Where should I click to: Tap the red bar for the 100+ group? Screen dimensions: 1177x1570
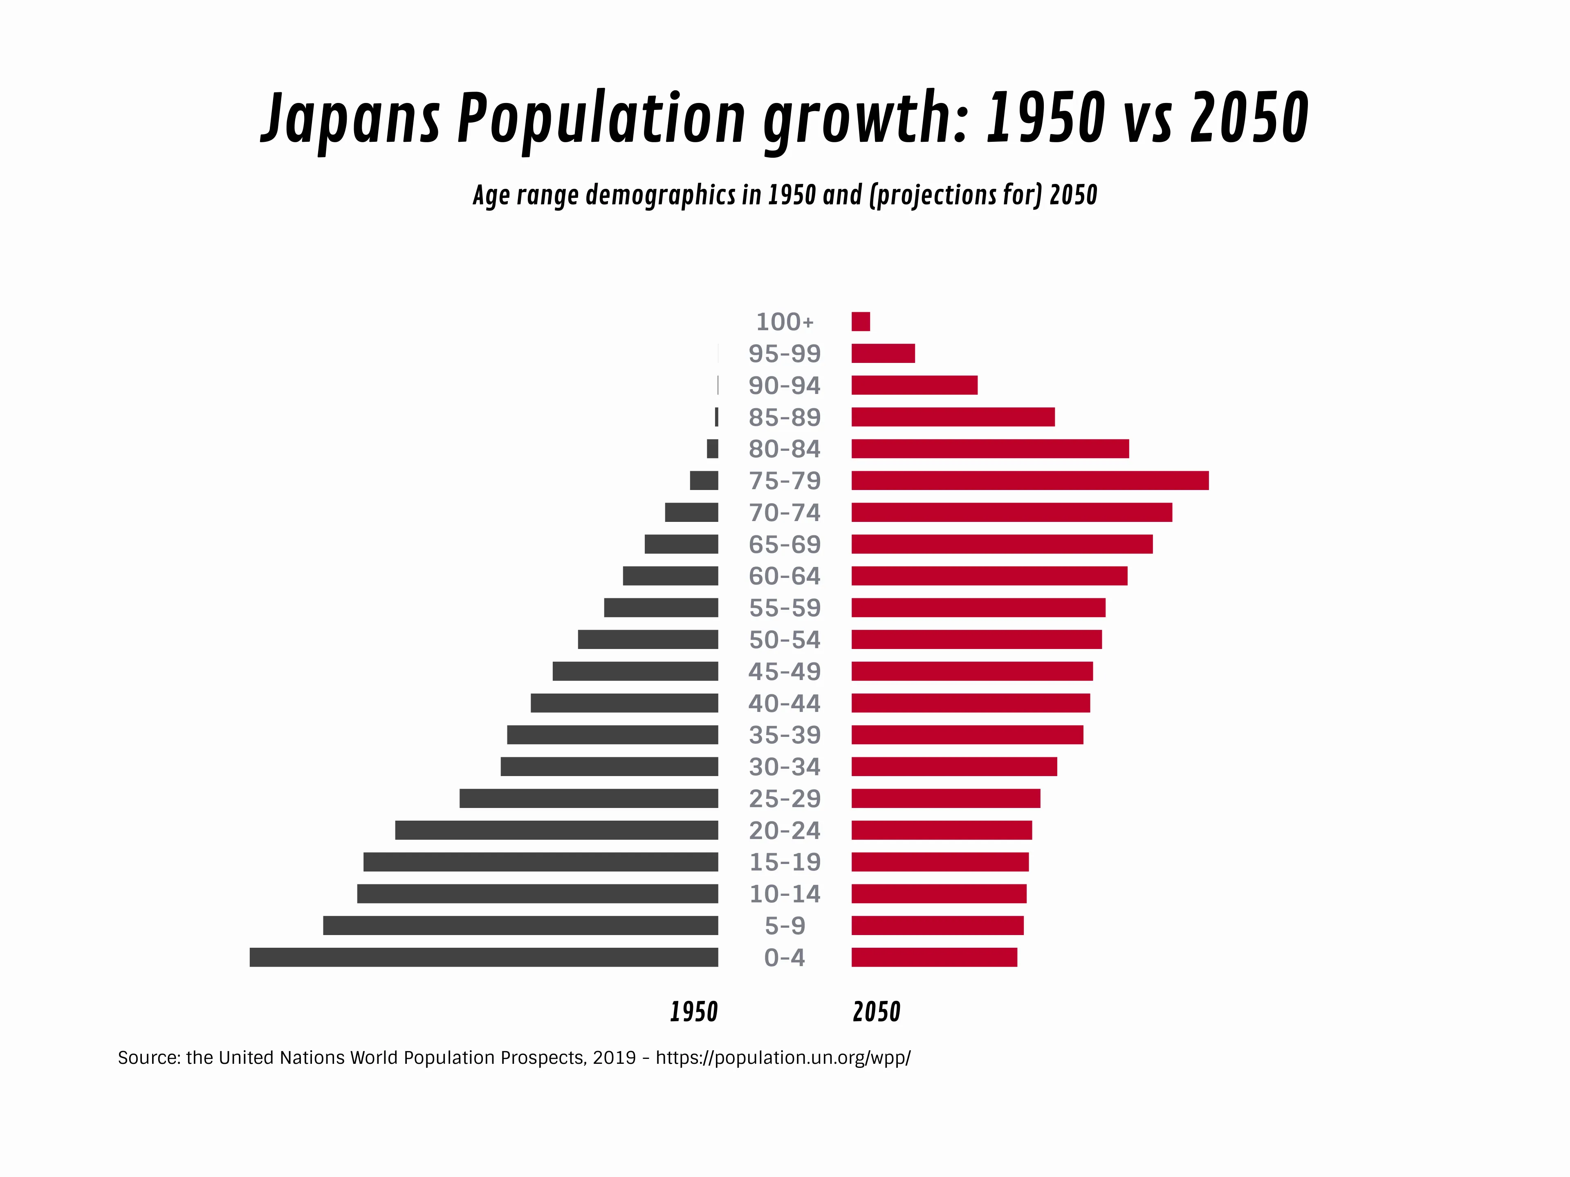click(860, 321)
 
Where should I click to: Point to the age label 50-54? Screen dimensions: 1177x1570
click(784, 640)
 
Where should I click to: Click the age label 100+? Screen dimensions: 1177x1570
click(784, 322)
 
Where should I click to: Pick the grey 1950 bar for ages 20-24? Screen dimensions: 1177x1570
click(556, 830)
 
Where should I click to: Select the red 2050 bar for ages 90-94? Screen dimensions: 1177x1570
click(914, 385)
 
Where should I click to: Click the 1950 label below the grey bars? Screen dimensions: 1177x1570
click(693, 1012)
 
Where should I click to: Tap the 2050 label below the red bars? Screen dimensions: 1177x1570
click(877, 1012)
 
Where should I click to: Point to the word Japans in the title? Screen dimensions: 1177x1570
click(351, 119)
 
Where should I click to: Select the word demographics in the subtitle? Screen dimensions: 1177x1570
click(660, 195)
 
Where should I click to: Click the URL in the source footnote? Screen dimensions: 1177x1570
click(783, 1058)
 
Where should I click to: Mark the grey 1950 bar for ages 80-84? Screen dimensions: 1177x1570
click(712, 449)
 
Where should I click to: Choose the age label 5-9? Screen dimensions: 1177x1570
click(784, 926)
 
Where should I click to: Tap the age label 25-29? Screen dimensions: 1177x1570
click(784, 799)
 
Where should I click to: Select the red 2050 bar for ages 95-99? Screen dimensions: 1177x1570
click(883, 354)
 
